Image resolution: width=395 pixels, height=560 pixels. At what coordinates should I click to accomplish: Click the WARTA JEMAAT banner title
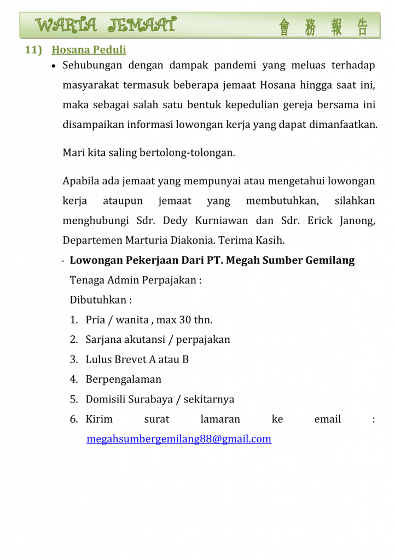pyautogui.click(x=106, y=25)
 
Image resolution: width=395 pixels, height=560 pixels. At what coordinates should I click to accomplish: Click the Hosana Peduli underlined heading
pyautogui.click(x=89, y=50)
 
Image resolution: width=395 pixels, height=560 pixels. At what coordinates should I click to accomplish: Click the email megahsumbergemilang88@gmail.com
pyautogui.click(x=179, y=439)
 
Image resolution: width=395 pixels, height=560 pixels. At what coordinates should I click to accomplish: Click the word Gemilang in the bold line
pyautogui.click(x=327, y=260)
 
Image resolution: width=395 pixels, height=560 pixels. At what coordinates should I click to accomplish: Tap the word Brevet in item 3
pyautogui.click(x=131, y=359)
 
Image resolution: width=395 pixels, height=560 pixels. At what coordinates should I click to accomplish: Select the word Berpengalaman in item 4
pyautogui.click(x=124, y=380)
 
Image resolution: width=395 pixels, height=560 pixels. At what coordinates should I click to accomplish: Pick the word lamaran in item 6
pyautogui.click(x=220, y=419)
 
